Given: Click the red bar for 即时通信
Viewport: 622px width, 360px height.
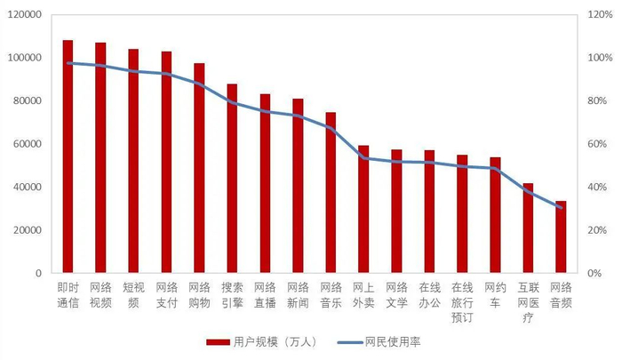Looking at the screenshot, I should [x=68, y=156].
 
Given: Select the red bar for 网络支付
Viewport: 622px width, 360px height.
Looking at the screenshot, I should [x=166, y=162].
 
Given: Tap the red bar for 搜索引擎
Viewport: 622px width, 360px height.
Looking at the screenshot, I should [x=232, y=178].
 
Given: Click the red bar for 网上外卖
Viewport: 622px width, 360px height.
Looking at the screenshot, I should [x=363, y=209].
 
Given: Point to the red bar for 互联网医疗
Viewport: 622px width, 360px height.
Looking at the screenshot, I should [x=528, y=228].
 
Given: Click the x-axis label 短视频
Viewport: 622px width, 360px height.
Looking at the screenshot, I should [x=133, y=294].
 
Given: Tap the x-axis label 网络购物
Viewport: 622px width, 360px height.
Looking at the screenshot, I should [x=199, y=294].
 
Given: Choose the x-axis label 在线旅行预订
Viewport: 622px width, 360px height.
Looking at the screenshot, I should [x=462, y=301].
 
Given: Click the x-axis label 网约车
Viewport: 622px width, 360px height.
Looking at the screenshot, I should [x=495, y=294].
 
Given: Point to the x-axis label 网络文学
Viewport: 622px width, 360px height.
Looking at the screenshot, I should [x=396, y=294].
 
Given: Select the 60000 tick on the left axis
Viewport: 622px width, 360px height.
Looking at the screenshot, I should [x=27, y=144].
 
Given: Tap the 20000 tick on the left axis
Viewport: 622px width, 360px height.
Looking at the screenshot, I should [x=27, y=230].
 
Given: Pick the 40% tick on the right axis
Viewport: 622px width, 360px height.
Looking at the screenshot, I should [x=595, y=188].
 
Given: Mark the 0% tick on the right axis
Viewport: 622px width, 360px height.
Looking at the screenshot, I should [x=593, y=274].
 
